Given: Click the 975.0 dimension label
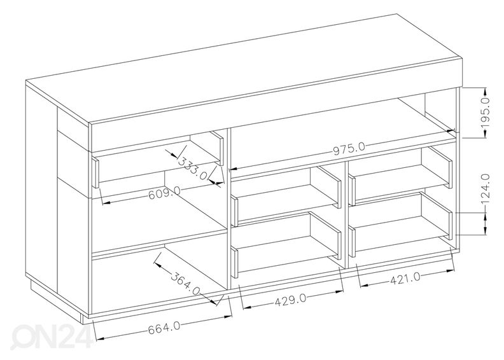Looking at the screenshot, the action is pos(349,149).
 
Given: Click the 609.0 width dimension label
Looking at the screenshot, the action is pos(164,193).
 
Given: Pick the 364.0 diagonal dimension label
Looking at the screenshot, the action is pos(185,283).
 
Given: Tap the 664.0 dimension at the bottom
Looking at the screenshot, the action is pos(164,329).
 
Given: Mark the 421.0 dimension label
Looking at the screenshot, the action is pos(405,279).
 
